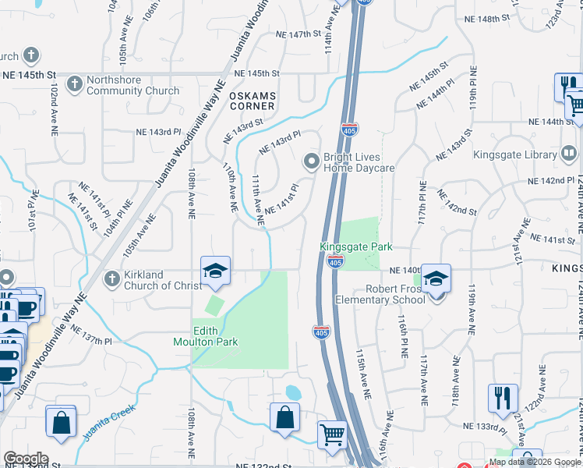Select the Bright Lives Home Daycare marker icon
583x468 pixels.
(x=311, y=161)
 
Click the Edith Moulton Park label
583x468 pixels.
(x=216, y=335)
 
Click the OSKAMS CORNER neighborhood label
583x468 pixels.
(x=252, y=100)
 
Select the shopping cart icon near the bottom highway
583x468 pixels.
(x=332, y=434)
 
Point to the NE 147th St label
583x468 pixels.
(x=299, y=34)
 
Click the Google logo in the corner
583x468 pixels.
(x=26, y=459)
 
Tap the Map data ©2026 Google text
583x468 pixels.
(x=534, y=462)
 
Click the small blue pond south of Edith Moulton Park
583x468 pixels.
(x=293, y=392)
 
